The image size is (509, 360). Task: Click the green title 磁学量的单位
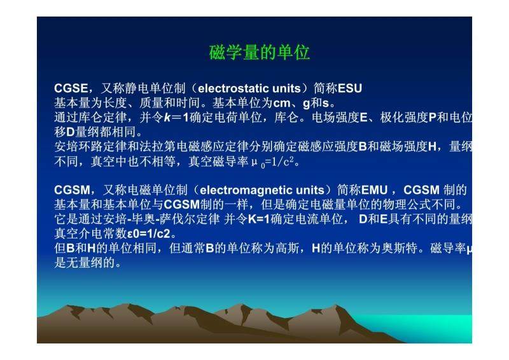click(x=260, y=52)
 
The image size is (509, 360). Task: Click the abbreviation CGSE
click(x=71, y=88)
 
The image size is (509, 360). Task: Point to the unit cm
click(x=282, y=103)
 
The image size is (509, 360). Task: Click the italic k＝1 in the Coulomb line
click(x=176, y=117)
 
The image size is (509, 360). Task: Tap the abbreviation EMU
click(x=374, y=190)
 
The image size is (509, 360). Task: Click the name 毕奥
click(x=143, y=219)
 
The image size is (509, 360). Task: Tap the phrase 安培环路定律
click(x=91, y=147)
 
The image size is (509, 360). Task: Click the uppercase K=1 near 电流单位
click(x=259, y=219)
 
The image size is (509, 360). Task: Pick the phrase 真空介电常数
click(x=90, y=233)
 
